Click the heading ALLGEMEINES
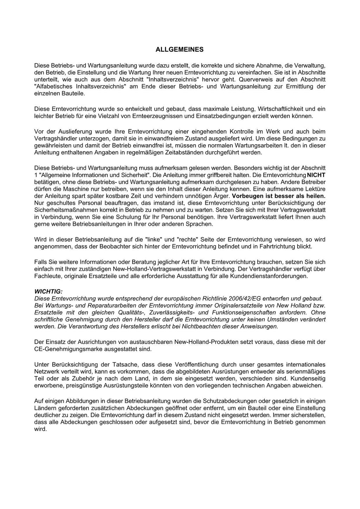[179, 50]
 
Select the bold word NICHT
[316, 175]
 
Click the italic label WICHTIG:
[48, 291]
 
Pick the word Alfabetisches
[52, 86]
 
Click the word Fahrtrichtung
[277, 247]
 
